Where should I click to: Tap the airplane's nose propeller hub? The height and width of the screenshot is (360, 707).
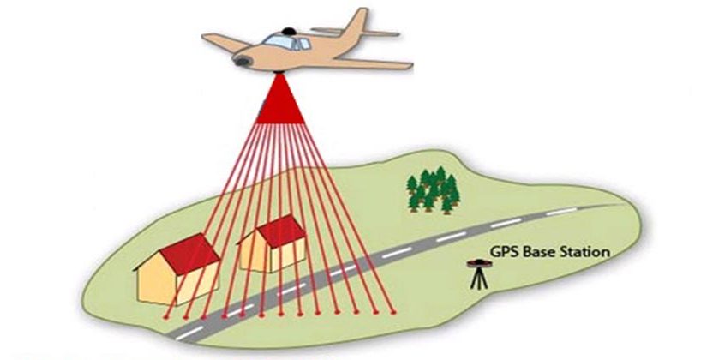pyautogui.click(x=241, y=61)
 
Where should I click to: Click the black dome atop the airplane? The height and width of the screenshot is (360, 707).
pyautogui.click(x=287, y=32)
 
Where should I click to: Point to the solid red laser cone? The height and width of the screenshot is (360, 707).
pyautogui.click(x=280, y=102)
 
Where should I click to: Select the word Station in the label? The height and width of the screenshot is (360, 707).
pyautogui.click(x=584, y=251)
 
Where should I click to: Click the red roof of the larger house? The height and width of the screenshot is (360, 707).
pyautogui.click(x=190, y=254)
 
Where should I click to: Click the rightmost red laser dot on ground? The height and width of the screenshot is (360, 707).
pyautogui.click(x=393, y=311)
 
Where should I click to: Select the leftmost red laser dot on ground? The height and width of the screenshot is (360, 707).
pyautogui.click(x=165, y=317)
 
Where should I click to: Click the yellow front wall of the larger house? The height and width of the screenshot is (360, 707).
pyautogui.click(x=157, y=284)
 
